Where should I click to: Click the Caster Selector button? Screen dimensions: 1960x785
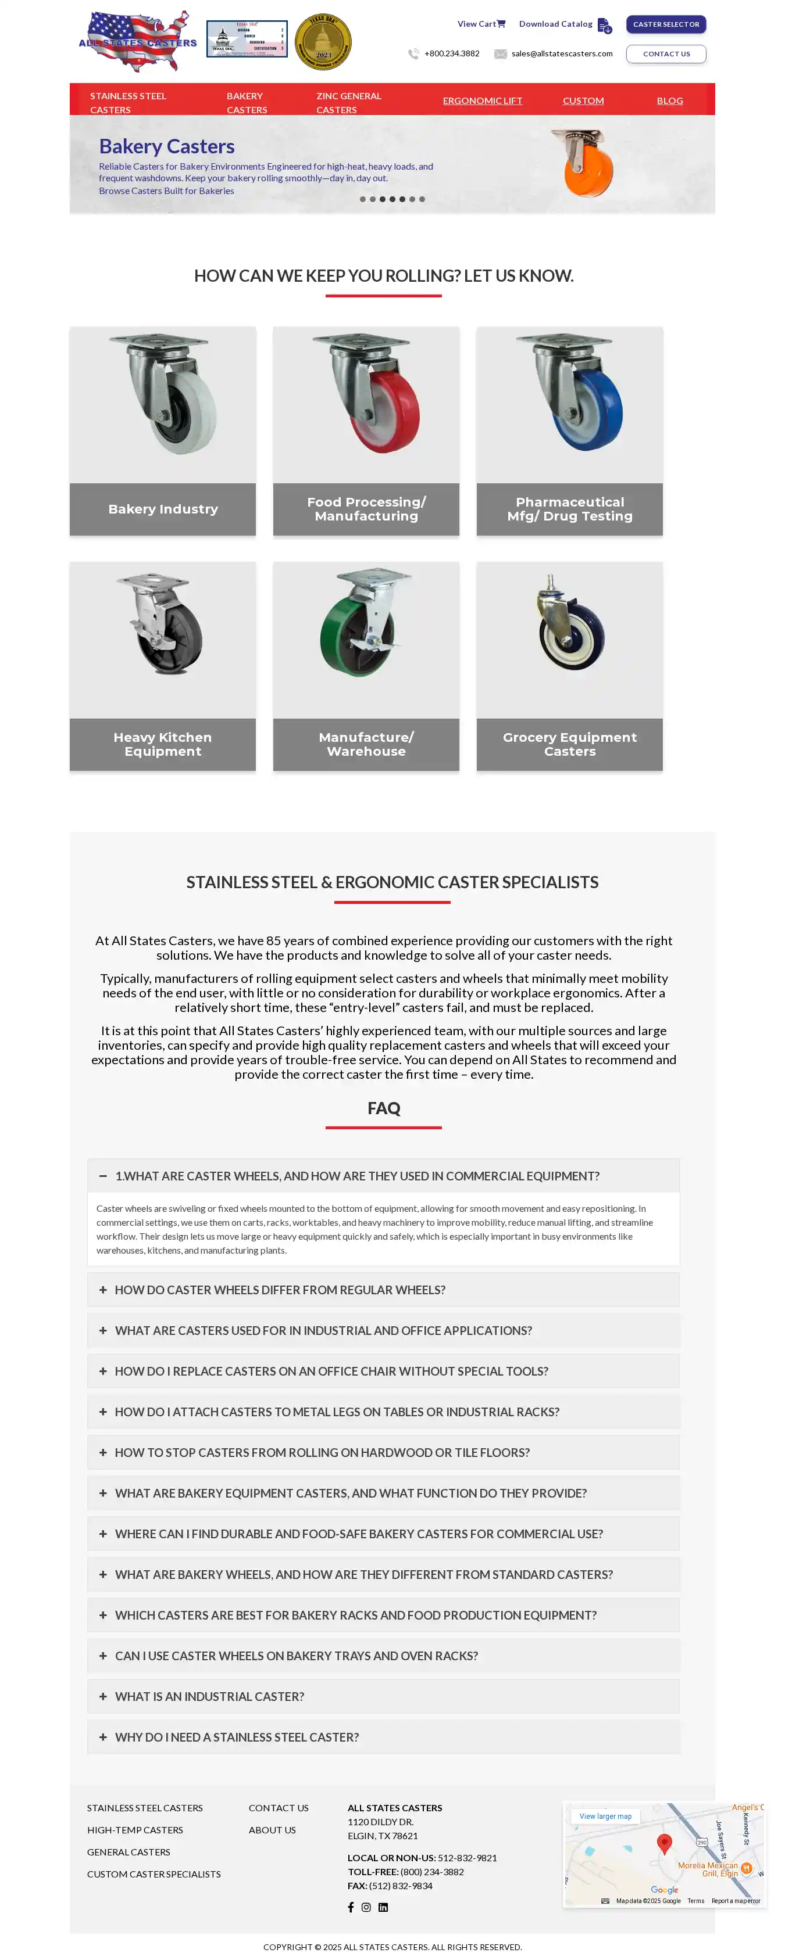pos(665,24)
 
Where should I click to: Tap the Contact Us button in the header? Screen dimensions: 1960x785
pos(665,54)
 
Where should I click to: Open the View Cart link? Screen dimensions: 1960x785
pos(480,24)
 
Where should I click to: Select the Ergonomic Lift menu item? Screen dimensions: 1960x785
pos(482,100)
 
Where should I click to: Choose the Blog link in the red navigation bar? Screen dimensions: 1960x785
pos(669,100)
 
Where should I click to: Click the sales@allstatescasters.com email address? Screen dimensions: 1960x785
pos(561,54)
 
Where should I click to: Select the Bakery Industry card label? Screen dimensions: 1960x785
pos(163,509)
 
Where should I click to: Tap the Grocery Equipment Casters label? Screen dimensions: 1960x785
pos(569,744)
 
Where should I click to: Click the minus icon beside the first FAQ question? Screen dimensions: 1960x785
pos(103,1176)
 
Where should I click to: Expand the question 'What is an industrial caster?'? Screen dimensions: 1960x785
pos(209,1696)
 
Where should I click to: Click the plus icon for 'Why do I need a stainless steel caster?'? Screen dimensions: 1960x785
pos(103,1737)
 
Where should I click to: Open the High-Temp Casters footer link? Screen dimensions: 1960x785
pos(135,1830)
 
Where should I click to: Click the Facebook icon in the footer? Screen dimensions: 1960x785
pos(351,1907)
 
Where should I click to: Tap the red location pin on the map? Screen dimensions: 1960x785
pos(664,1842)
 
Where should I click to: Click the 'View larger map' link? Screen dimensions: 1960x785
pos(605,1816)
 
